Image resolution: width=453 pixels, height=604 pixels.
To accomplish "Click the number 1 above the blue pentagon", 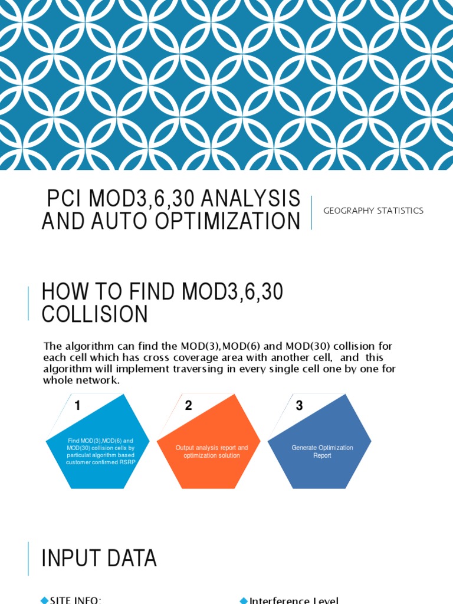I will [77, 406].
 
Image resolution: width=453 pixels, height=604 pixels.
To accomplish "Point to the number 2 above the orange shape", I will [189, 406].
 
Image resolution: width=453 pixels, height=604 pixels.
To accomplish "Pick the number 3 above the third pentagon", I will [299, 406].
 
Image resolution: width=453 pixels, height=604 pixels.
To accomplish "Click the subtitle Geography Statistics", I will [373, 211].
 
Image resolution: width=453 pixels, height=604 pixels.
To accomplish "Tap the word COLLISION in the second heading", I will [94, 314].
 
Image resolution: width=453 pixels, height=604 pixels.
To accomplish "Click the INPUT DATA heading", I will [99, 558].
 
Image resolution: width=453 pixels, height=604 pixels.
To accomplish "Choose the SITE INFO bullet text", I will [75, 600].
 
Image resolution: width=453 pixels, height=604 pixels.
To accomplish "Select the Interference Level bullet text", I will [294, 600].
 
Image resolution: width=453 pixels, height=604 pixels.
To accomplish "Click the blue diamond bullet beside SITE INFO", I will [44, 600].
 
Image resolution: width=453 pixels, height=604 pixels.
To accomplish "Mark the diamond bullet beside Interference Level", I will [244, 600].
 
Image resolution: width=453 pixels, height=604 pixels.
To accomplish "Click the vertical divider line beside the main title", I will [311, 212].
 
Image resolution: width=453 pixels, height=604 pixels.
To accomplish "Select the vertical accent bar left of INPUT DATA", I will [28, 558].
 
